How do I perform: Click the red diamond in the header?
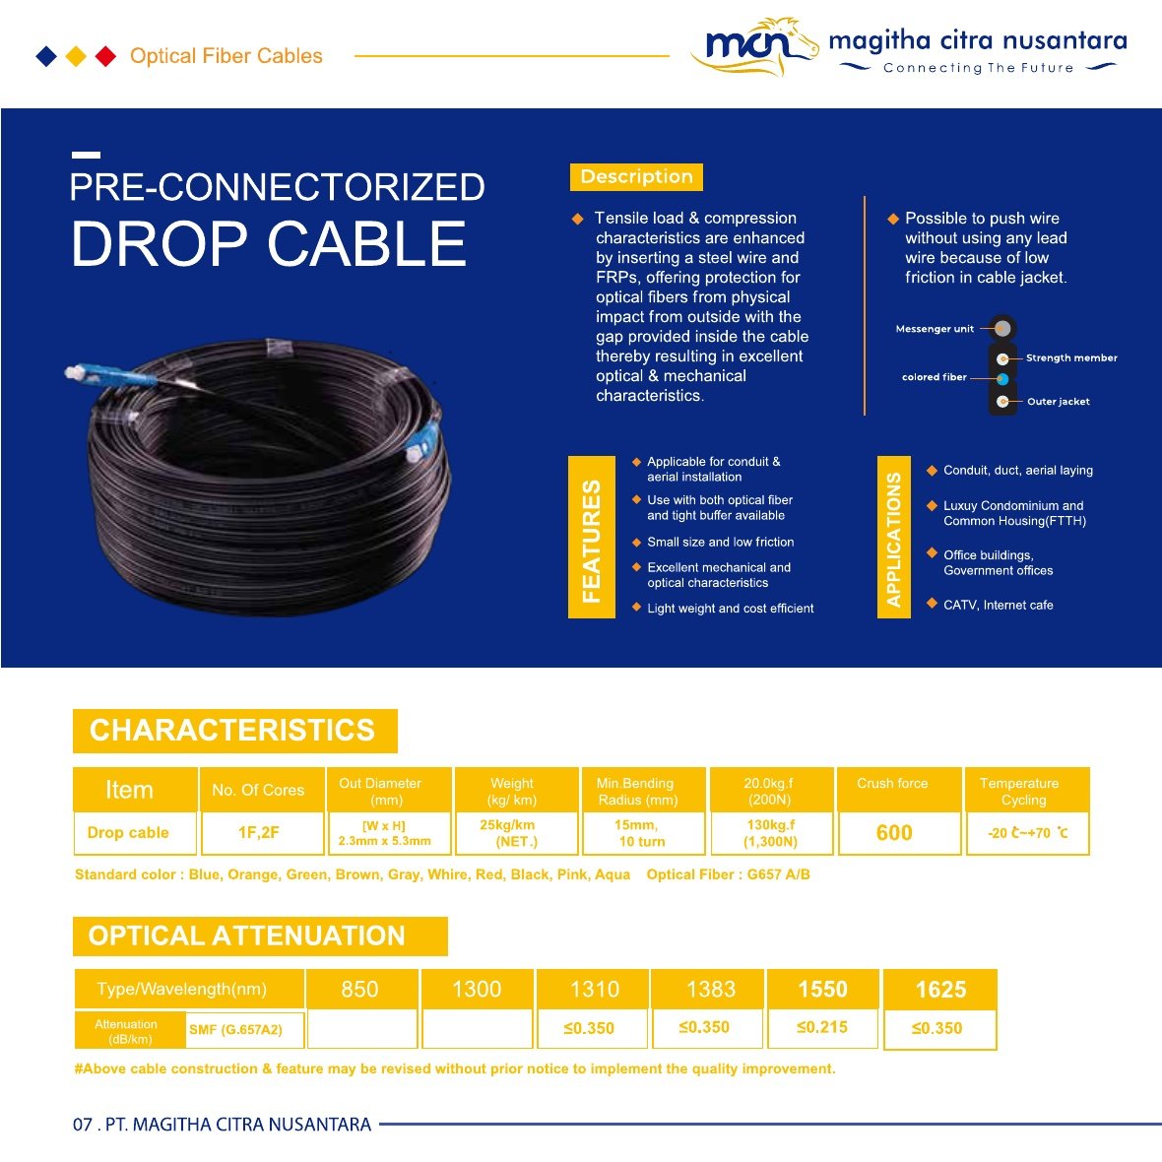pos(106,56)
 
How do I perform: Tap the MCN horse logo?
pos(754,46)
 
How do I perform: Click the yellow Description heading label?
pos(636,177)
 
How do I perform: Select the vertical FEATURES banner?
pos(592,538)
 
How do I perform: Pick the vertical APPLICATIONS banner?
pos(894,538)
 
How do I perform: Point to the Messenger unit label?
pos(935,329)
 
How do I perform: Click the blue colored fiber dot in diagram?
pos(1002,379)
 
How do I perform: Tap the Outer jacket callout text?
pos(1059,402)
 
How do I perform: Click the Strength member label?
pos(1071,357)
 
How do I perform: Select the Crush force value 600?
pos(894,833)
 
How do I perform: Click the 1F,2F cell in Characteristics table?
pos(259,833)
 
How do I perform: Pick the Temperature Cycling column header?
pos(1020,792)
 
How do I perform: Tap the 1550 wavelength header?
pos(822,990)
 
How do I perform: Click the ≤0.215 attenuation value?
pos(822,1027)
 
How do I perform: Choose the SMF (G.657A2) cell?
pos(235,1029)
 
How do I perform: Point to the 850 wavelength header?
pos(359,990)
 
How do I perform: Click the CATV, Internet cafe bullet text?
pos(999,605)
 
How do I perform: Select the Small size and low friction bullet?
pos(720,542)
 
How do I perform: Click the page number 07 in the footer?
pos(83,1125)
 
